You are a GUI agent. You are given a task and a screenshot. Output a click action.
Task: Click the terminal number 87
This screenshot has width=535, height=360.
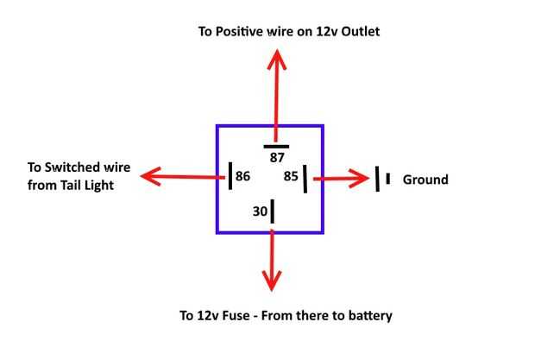[x=277, y=159]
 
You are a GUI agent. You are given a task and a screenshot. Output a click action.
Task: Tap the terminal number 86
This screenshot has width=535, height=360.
[x=242, y=176]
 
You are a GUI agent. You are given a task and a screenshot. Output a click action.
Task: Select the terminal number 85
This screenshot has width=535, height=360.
[x=291, y=176]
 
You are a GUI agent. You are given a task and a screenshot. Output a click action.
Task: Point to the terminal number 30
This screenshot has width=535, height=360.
[x=260, y=210]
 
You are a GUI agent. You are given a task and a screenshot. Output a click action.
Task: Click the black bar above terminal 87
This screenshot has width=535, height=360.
[x=276, y=147]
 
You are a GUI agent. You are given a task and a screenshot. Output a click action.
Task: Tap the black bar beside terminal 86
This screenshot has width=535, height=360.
[x=230, y=176]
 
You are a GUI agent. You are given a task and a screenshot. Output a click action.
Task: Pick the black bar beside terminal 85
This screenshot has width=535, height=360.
[x=305, y=176]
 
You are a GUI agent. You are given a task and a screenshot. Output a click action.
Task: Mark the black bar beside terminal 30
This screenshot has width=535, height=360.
[x=273, y=210]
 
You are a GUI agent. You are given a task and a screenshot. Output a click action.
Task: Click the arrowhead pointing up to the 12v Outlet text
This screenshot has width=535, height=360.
[x=276, y=59]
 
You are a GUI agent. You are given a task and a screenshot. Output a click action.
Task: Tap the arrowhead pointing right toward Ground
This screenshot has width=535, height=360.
[x=361, y=179]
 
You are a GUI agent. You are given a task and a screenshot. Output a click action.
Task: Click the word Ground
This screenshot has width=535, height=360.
[x=426, y=180]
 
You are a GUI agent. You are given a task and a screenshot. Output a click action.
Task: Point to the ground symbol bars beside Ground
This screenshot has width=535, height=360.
[x=382, y=179]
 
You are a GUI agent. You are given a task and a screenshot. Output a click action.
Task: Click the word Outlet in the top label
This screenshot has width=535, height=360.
[x=359, y=32]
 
